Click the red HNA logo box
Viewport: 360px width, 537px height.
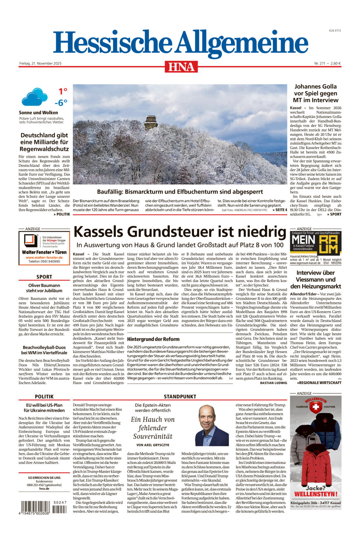point(181,67)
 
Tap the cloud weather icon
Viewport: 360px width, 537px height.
point(34,97)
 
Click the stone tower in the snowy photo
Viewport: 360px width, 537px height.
point(150,123)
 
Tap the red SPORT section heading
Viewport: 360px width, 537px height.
point(44,277)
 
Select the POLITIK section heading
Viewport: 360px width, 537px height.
point(44,397)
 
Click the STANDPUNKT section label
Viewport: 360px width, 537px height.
point(180,397)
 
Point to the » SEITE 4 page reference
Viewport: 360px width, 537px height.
point(279,210)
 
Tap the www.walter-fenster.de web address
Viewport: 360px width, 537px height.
point(44,257)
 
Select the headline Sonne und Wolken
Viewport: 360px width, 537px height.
point(38,112)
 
